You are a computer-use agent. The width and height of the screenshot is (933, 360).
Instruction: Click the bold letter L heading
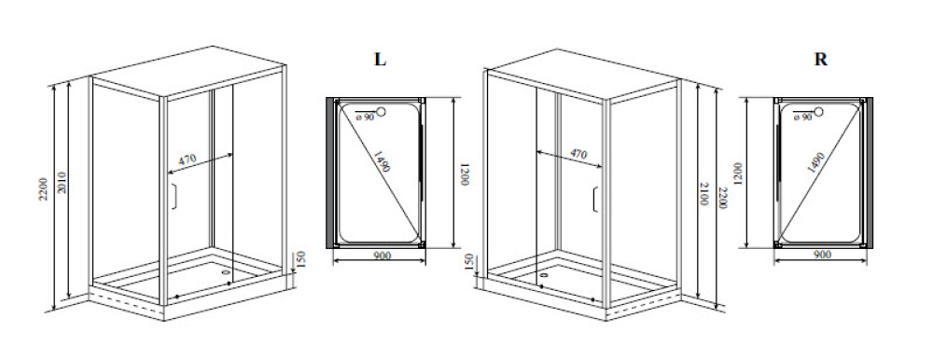pyautogui.click(x=380, y=60)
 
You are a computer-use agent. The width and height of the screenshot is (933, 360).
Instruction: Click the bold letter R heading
pyautogui.click(x=820, y=60)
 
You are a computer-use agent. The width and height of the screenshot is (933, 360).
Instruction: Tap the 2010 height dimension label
pyautogui.click(x=63, y=183)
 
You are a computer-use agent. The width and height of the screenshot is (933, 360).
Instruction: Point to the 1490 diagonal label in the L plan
pyautogui.click(x=382, y=160)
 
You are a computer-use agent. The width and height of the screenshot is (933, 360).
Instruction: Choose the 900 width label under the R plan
pyautogui.click(x=822, y=255)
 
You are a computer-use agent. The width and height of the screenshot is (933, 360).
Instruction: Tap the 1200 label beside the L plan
pyautogui.click(x=466, y=174)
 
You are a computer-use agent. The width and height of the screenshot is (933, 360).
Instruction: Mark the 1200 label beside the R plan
pyautogui.click(x=738, y=174)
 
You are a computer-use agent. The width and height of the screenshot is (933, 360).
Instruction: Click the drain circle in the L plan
pyautogui.click(x=382, y=111)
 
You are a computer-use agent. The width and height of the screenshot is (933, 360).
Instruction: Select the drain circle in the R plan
pyautogui.click(x=819, y=111)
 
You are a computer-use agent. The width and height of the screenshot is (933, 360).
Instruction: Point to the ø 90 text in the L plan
pyautogui.click(x=365, y=118)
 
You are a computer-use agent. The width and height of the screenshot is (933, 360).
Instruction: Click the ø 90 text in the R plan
pyautogui.click(x=802, y=118)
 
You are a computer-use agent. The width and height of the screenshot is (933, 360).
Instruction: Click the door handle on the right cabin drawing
pyautogui.click(x=595, y=200)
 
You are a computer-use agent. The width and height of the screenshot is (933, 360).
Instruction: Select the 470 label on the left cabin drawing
pyautogui.click(x=188, y=159)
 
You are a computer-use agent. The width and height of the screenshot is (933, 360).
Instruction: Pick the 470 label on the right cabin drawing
pyautogui.click(x=578, y=155)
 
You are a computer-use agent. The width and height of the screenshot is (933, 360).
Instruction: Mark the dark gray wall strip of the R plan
pyautogui.click(x=870, y=173)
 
